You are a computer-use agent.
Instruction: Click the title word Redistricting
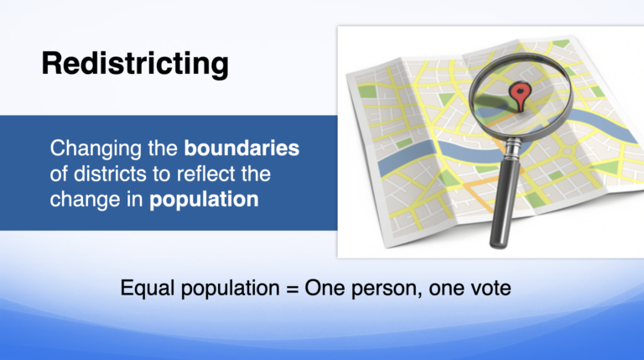pos(135,64)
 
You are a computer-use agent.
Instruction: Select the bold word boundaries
pos(241,148)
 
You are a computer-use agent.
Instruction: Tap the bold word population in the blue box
pos(204,200)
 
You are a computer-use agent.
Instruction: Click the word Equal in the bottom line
pos(148,288)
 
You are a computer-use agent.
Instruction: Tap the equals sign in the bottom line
pos(292,289)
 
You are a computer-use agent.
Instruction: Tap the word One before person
pos(325,288)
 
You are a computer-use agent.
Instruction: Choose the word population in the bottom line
pos(230,289)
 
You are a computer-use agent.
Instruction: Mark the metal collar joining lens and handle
pos(512,148)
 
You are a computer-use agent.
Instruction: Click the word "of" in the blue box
pos(59,174)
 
